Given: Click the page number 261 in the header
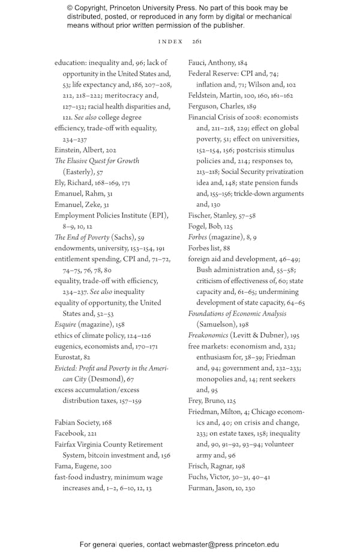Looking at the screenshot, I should coord(197,41).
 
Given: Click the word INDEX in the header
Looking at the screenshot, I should coord(170,41).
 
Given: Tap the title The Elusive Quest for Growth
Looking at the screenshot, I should coord(97,161).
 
